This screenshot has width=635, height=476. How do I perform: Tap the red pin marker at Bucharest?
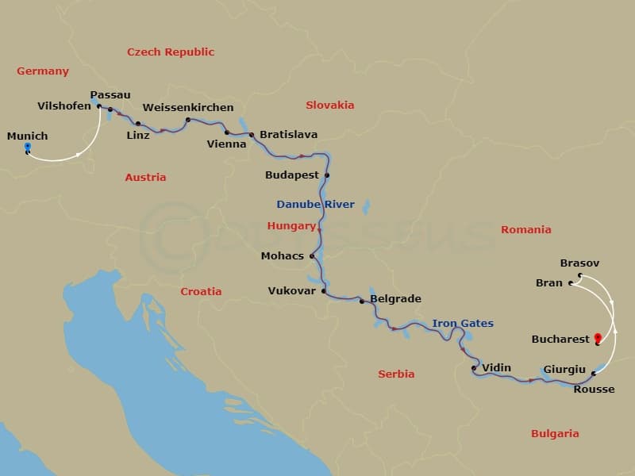[x=597, y=339]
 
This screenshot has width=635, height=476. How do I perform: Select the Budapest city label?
[x=292, y=175]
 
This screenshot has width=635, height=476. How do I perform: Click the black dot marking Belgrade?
[x=362, y=301]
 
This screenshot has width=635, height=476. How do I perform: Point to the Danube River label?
[x=315, y=204]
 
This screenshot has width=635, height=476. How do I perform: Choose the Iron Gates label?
[x=462, y=323]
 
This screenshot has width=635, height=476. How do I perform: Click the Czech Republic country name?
[x=171, y=52]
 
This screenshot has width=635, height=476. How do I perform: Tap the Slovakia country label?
[x=329, y=105]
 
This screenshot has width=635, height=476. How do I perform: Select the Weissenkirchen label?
[x=188, y=107]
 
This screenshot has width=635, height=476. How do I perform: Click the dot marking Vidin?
[x=474, y=368]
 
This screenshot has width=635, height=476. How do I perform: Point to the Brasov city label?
[x=579, y=263]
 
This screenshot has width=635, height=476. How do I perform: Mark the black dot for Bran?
[x=571, y=282]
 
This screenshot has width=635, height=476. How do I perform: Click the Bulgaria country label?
[x=554, y=433]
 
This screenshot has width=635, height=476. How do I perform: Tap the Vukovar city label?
[x=291, y=291]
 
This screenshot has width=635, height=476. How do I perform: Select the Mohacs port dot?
[x=312, y=255]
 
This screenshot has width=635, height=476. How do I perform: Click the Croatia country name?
[x=201, y=291]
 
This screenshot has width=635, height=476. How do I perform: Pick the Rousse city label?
[x=594, y=389]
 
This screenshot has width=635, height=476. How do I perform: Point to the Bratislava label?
[x=288, y=135]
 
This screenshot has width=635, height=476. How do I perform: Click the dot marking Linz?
[x=138, y=124]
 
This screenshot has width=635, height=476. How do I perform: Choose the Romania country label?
[x=525, y=229]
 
